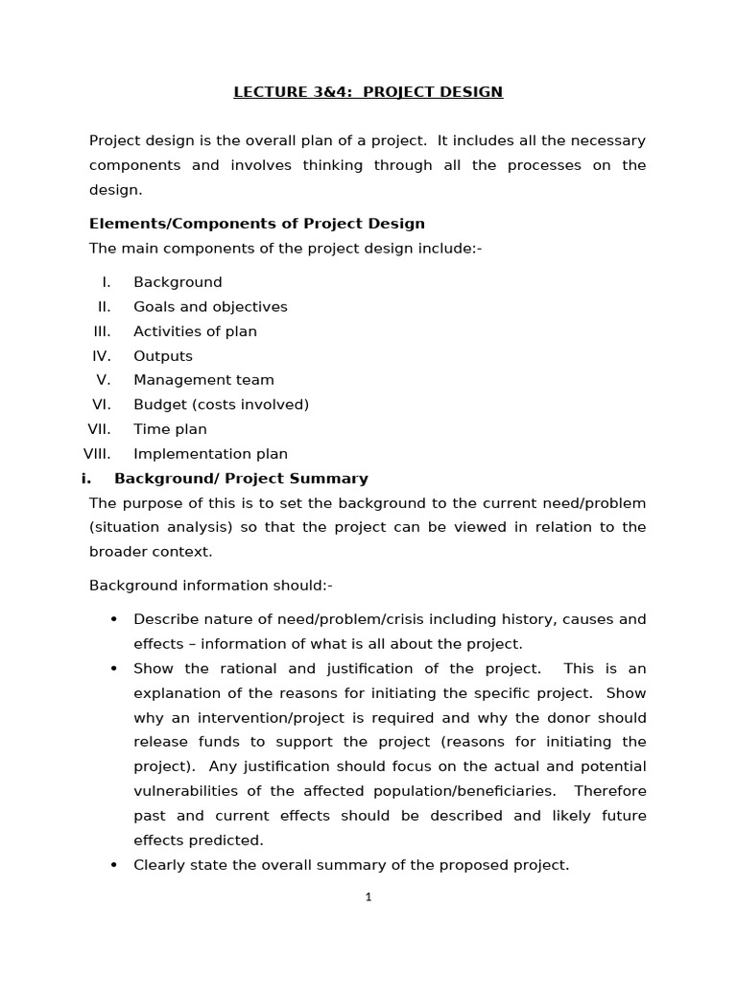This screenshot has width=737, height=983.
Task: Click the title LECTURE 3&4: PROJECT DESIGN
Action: coord(368,92)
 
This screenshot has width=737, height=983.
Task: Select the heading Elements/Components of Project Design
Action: coord(256,224)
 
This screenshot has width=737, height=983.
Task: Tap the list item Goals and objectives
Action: coord(210,307)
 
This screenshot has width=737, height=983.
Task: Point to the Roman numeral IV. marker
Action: coord(102,356)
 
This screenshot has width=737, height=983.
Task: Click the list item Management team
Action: coord(203,380)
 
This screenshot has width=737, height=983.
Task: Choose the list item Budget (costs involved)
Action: coord(221,405)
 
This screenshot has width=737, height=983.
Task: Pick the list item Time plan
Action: coord(170,429)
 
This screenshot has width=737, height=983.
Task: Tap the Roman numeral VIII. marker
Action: coord(98,454)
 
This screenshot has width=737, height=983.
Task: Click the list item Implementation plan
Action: coord(210,454)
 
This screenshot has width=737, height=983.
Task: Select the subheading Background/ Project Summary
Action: coord(241,478)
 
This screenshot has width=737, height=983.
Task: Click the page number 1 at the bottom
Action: coord(368,898)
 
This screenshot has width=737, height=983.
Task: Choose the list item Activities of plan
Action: coord(195,331)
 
